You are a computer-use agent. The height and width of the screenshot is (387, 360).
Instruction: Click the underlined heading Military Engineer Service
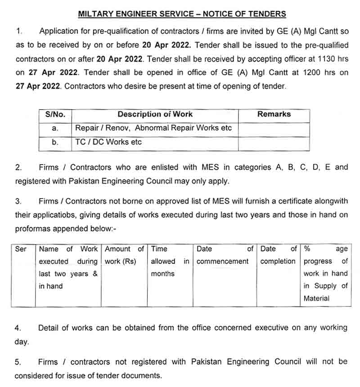point(182,14)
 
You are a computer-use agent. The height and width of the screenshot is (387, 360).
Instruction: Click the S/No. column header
point(55,115)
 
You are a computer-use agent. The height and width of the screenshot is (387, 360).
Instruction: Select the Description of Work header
point(155,115)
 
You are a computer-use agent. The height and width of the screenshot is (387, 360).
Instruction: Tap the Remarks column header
point(274,114)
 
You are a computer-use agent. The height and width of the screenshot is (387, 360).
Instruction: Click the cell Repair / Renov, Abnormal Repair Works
point(153,128)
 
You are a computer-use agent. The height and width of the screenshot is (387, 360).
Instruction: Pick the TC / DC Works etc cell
point(108,142)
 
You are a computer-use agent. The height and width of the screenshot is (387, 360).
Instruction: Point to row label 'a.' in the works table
point(55,129)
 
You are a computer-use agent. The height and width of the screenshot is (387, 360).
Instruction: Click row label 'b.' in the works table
point(55,142)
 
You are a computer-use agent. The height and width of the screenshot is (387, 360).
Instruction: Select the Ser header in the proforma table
point(21,249)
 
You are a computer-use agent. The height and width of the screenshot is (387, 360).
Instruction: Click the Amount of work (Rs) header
point(124,255)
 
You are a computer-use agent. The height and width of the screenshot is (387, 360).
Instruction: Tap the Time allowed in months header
point(170,261)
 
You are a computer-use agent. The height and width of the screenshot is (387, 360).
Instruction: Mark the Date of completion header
point(278,255)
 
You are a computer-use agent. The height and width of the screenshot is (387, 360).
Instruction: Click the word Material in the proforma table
point(316,298)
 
